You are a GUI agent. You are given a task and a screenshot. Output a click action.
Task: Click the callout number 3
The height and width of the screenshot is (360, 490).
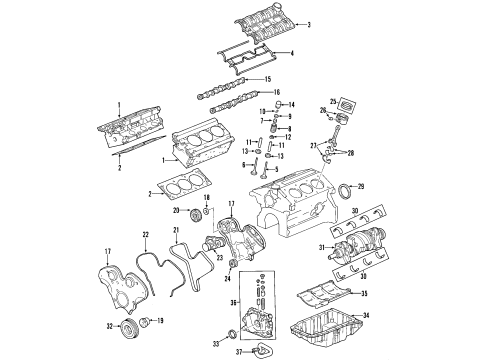point(309,24)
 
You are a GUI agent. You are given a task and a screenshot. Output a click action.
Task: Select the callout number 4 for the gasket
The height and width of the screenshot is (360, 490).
point(291,52)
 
